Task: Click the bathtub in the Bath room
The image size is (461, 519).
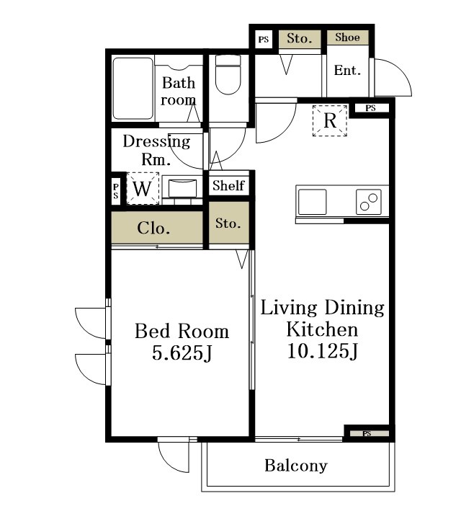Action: pos(133,89)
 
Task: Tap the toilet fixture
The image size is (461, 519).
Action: pos(228,75)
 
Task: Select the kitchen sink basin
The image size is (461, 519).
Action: pos(312,202)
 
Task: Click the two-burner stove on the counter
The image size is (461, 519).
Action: pos(369,202)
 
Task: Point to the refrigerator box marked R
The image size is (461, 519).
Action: pos(330,120)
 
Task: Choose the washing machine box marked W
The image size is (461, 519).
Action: pos(143,188)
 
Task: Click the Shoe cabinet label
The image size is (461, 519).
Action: pos(347,37)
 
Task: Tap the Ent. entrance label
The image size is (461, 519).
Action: pos(347,70)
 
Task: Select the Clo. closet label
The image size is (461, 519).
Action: pos(153,228)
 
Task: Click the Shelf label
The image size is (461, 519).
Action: pos(228,185)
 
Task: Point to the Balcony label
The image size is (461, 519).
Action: pos(296,466)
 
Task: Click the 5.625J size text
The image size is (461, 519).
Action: pos(182,352)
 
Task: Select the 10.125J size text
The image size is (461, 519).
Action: pos(323,351)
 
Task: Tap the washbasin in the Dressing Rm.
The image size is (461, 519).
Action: pos(182,188)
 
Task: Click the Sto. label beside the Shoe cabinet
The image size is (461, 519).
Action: pos(300,38)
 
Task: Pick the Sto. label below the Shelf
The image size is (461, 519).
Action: pos(228,223)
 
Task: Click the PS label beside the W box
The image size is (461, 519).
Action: pos(116,191)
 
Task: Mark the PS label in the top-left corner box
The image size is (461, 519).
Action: pos(264,40)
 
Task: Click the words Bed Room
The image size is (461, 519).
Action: pos(182,331)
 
